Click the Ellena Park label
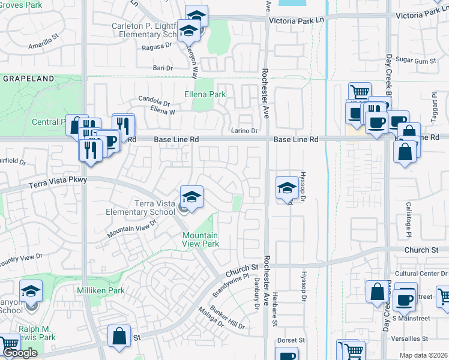tap(205, 94)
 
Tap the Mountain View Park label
tap(200, 240)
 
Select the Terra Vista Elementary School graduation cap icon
tap(191, 197)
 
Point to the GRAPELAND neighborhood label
tap(28, 79)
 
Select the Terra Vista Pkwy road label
tap(58, 183)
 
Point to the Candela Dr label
tap(154, 100)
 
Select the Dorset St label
tap(291, 341)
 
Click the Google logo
tap(20, 353)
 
